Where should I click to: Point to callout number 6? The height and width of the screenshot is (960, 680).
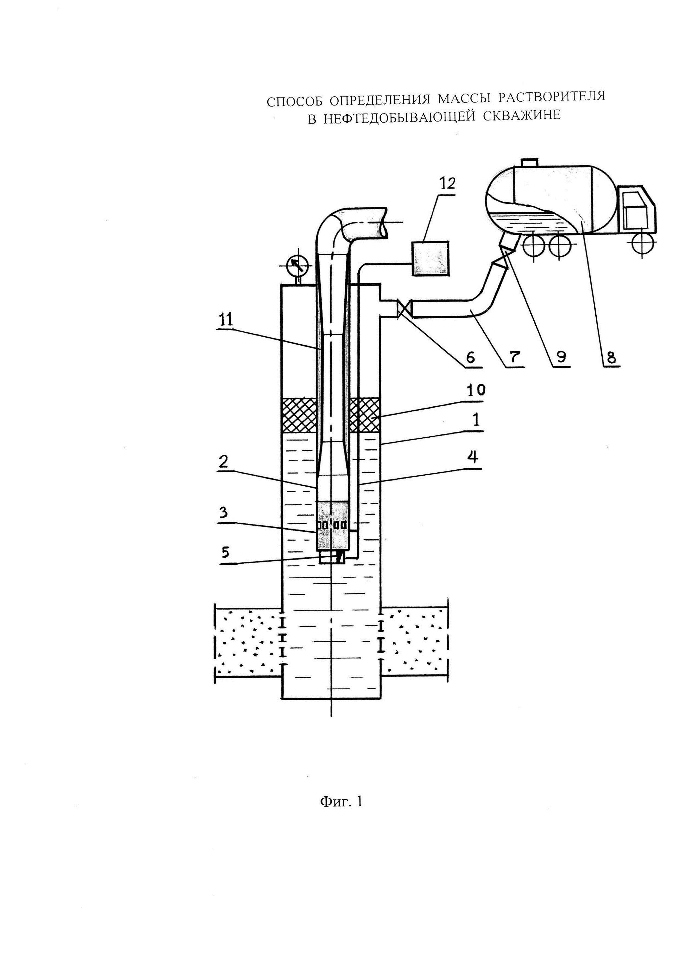click(x=470, y=357)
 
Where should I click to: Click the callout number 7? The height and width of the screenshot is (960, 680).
click(x=515, y=357)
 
